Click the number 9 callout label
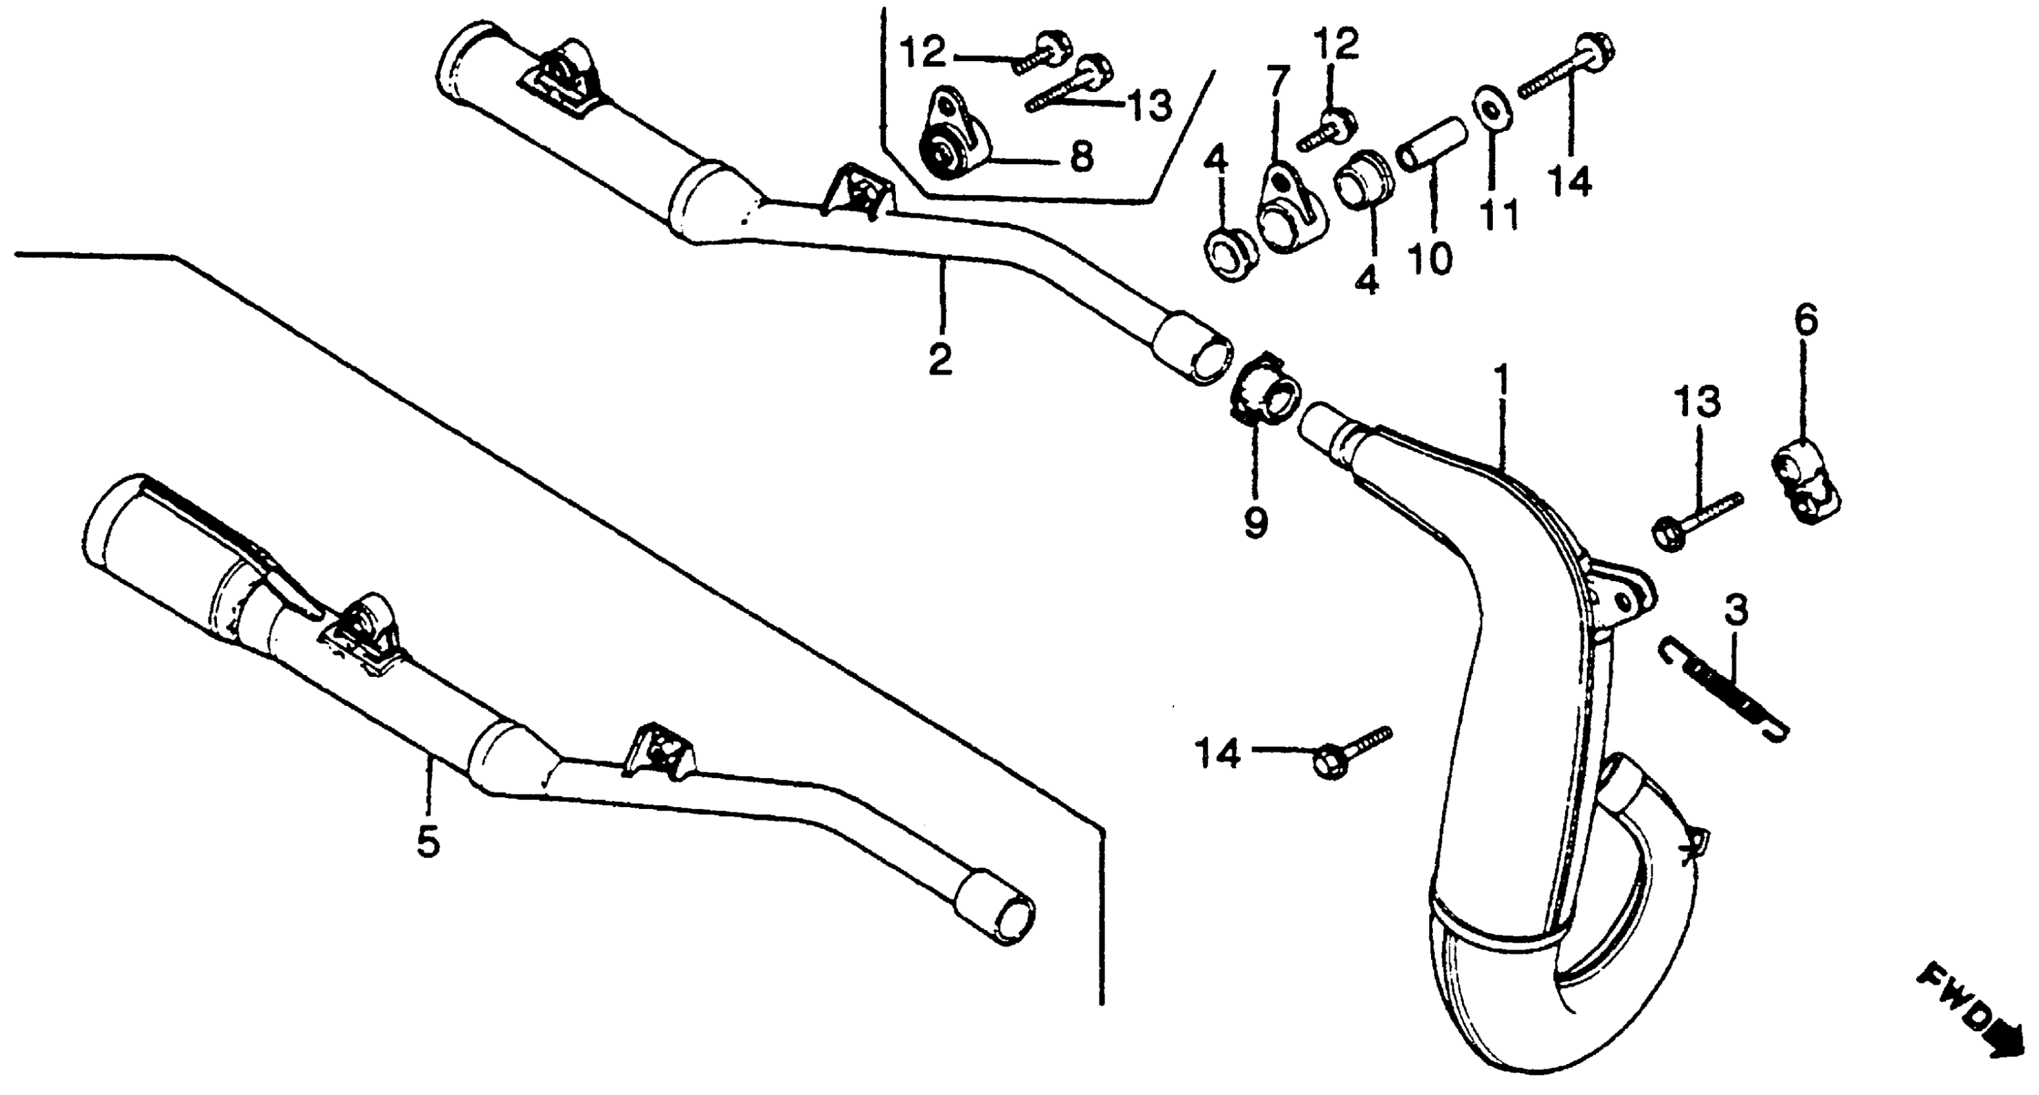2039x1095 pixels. click(x=1255, y=524)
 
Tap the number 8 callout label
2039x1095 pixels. click(x=1081, y=157)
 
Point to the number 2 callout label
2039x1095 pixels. click(x=940, y=359)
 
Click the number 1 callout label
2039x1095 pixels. click(x=1501, y=381)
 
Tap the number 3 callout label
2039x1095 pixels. click(x=1735, y=611)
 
